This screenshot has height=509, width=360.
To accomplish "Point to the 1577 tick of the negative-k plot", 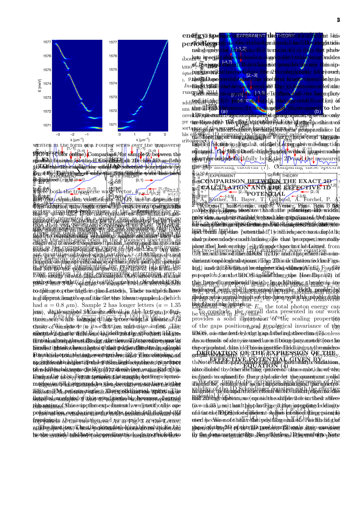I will pyautogui.click(x=47, y=42).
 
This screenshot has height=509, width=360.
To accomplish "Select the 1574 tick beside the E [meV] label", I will pyautogui.click(x=47, y=84).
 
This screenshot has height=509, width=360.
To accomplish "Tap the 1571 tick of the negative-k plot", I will pyautogui.click(x=47, y=125).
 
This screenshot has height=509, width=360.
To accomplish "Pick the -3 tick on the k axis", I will pyautogui.click(x=58, y=135).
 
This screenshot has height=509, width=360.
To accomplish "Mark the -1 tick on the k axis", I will pyautogui.click(x=87, y=135).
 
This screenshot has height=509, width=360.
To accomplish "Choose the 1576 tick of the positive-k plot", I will pyautogui.click(x=113, y=56).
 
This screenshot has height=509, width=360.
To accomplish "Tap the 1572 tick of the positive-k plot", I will pyautogui.click(x=113, y=111).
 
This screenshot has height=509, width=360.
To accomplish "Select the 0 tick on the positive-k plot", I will pyautogui.click(x=119, y=135).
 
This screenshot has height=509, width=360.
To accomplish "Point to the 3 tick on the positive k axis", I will pyautogui.click(x=165, y=135).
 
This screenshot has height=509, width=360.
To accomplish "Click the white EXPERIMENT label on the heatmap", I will pyautogui.click(x=251, y=36).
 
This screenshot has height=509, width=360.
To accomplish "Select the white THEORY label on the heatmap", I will pyautogui.click(x=286, y=36).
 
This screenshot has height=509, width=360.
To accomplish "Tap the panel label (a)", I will pyautogui.click(x=224, y=111).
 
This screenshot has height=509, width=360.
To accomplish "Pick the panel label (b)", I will pyautogui.click(x=318, y=111).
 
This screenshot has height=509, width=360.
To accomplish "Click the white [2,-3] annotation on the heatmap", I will pyautogui.click(x=252, y=75).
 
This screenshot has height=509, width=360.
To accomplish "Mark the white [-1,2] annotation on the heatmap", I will pyautogui.click(x=241, y=49).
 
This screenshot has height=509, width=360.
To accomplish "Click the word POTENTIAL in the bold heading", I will pyautogui.click(x=266, y=194).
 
